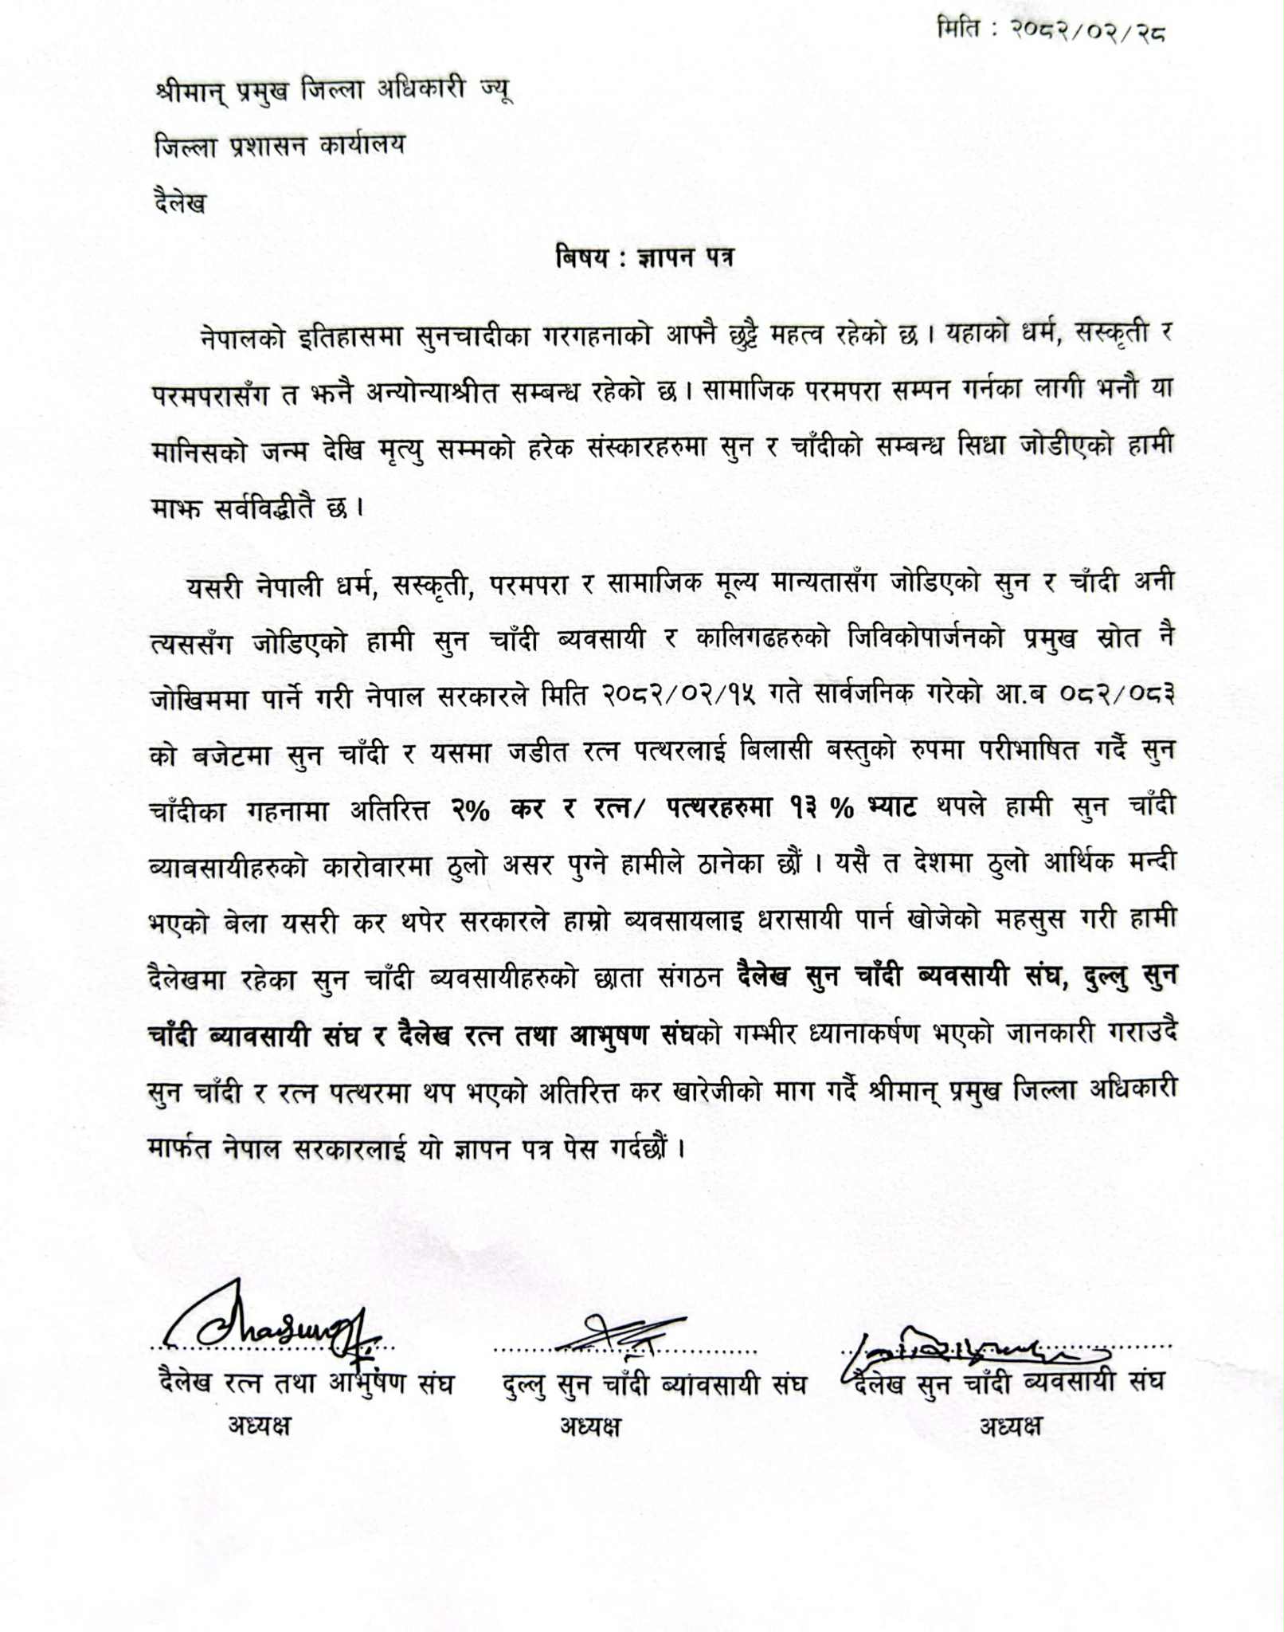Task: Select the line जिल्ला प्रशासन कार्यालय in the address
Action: [x=280, y=146]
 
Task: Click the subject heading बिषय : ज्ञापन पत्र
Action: [x=644, y=258]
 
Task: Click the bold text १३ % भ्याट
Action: [x=853, y=808]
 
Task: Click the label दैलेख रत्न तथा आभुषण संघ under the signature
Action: [x=306, y=1384]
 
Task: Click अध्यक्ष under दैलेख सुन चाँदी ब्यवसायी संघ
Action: [x=1010, y=1426]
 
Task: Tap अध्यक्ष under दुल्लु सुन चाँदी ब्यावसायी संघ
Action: [x=589, y=1426]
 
